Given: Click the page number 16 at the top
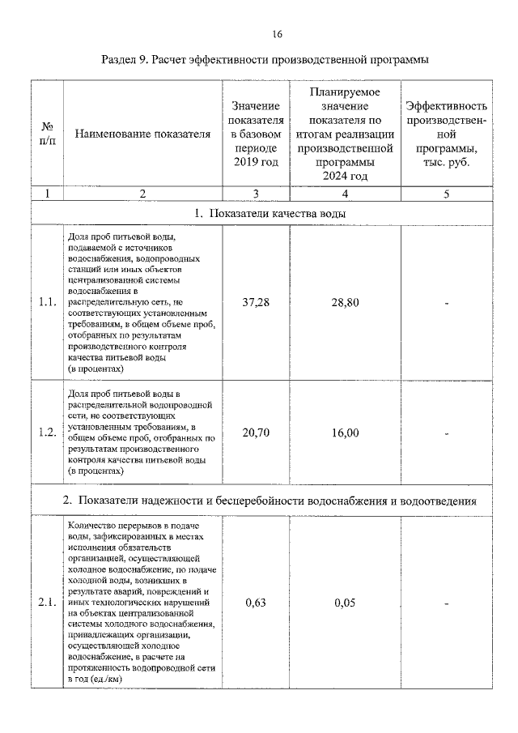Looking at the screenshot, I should pyautogui.click(x=277, y=34).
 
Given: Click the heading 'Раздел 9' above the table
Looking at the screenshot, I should pyautogui.click(x=265, y=60).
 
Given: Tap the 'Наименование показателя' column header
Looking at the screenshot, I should pyautogui.click(x=142, y=134).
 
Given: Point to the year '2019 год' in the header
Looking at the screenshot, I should pyautogui.click(x=256, y=163).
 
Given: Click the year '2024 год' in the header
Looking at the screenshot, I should pyautogui.click(x=345, y=176).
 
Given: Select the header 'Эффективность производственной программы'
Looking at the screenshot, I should pyautogui.click(x=446, y=134).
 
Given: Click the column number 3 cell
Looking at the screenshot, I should pyautogui.click(x=256, y=193).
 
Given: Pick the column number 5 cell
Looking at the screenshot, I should pyautogui.click(x=446, y=193).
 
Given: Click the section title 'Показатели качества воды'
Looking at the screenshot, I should pyautogui.click(x=270, y=213).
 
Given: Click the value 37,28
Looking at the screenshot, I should pyautogui.click(x=256, y=303).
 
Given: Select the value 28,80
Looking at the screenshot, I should pyautogui.click(x=345, y=303).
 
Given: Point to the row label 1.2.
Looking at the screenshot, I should pyautogui.click(x=47, y=432).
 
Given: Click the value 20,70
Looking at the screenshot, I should pyautogui.click(x=256, y=432).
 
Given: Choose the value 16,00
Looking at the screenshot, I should pyautogui.click(x=345, y=432).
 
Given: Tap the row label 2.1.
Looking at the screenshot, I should pyautogui.click(x=47, y=603).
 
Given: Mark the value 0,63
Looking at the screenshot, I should pyautogui.click(x=256, y=603).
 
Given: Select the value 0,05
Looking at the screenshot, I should pyautogui.click(x=345, y=603).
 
